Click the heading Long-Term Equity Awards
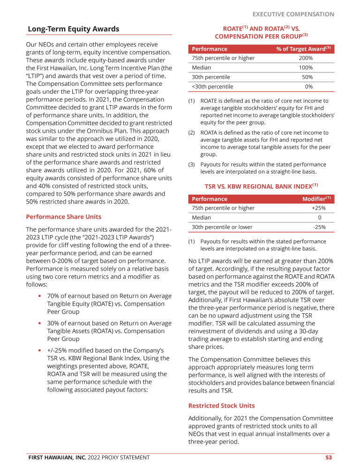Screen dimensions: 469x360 coord(73,29)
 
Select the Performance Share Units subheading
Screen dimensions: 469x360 coord(63,217)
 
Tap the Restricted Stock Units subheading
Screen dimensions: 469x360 coord(221,405)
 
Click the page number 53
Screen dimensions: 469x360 coord(329,457)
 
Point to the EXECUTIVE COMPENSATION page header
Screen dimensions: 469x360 coord(293,14)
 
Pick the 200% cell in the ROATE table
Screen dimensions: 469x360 coord(306,58)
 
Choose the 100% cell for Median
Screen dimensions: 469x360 coord(306,68)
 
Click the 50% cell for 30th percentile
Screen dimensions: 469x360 coord(307,77)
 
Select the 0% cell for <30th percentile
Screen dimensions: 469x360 coord(308,86)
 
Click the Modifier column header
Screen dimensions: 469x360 coord(316,199)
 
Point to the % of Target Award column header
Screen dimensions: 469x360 coord(303,49)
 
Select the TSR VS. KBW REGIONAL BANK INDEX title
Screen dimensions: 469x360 coord(261,186)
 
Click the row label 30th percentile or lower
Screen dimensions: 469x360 coord(222,227)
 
